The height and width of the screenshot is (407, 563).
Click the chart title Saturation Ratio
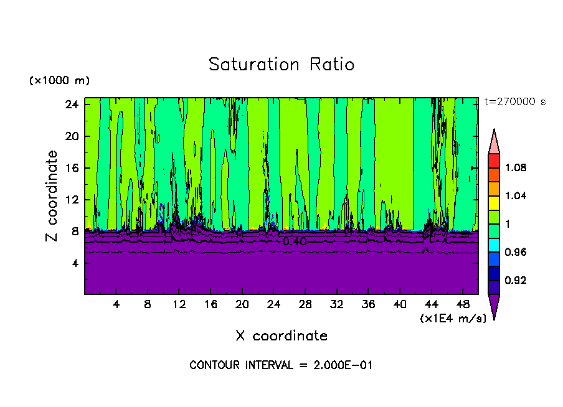pos(281,65)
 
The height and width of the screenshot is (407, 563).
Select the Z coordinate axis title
pos(53,196)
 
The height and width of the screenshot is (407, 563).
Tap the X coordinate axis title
pos(281,336)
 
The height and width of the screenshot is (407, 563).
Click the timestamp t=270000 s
pos(514,102)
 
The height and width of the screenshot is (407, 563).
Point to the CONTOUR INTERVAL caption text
pos(281,365)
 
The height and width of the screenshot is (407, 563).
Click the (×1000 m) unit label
pos(59,81)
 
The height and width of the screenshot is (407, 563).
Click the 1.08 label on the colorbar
pos(515,167)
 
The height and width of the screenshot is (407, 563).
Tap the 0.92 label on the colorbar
pos(515,280)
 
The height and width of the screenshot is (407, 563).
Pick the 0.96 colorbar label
pos(515,252)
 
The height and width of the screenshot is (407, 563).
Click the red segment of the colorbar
pos(493,161)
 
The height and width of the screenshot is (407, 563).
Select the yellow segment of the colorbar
pos(493,202)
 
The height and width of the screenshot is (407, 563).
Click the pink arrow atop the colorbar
pos(493,142)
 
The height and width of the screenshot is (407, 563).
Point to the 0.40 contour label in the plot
pos(295,241)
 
